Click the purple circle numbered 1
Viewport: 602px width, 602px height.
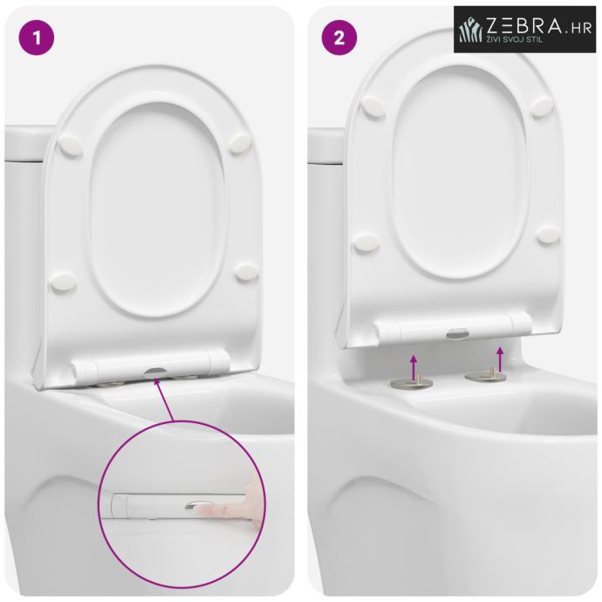pyautogui.click(x=37, y=38)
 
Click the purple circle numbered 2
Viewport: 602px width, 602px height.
pyautogui.click(x=339, y=38)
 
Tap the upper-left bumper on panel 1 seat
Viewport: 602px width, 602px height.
pyautogui.click(x=71, y=146)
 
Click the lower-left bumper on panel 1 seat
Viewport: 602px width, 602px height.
pyautogui.click(x=62, y=282)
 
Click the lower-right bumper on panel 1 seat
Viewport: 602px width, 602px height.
pyautogui.click(x=245, y=272)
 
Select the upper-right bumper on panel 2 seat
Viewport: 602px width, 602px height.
pyautogui.click(x=541, y=106)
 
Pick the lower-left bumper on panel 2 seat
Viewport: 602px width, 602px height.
pyautogui.click(x=366, y=243)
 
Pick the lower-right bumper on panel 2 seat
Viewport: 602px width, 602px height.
pyautogui.click(x=548, y=235)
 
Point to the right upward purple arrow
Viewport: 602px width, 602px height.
pyautogui.click(x=500, y=359)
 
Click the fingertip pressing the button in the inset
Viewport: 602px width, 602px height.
pyautogui.click(x=205, y=510)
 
